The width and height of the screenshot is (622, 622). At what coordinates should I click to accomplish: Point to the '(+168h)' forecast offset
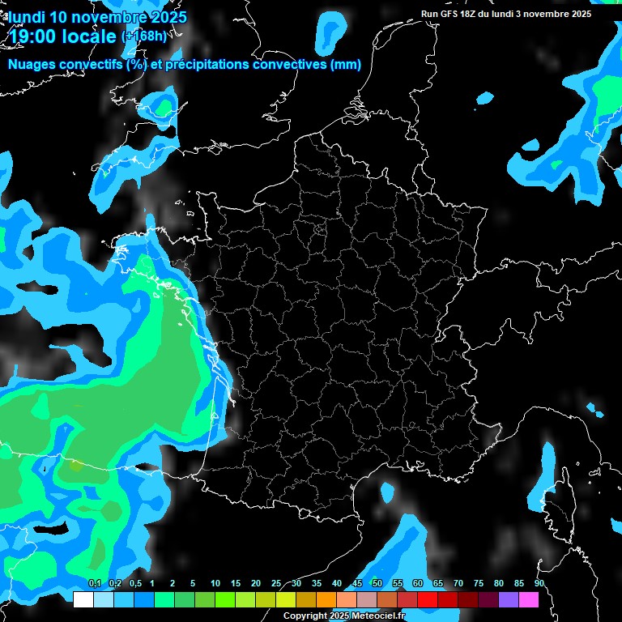[145, 36]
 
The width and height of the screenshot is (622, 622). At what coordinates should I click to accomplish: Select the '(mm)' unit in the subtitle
[345, 65]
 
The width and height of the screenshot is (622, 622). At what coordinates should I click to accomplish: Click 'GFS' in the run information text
[450, 14]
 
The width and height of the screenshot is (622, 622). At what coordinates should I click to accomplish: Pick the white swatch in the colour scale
[83, 600]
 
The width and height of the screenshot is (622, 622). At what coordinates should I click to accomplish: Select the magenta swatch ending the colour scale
[529, 600]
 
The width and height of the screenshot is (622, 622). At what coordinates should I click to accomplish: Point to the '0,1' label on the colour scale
[95, 584]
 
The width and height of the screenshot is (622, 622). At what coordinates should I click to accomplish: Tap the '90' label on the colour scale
[539, 584]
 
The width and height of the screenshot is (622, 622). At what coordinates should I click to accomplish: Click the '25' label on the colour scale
[276, 584]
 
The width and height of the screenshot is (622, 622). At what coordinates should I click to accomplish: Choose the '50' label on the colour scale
[377, 584]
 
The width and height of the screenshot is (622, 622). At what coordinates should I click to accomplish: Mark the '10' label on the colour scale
[215, 584]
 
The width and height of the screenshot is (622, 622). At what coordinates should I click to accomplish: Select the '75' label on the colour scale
[479, 584]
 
